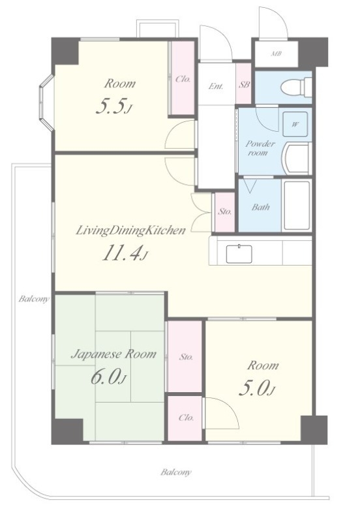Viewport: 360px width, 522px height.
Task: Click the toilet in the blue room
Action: [x=296, y=87]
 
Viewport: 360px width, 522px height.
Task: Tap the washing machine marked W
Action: [x=295, y=125]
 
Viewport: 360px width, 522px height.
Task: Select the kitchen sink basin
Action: [x=239, y=254]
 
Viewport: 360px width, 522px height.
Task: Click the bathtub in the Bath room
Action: [x=297, y=206]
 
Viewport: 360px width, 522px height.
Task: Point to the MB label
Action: [x=276, y=54]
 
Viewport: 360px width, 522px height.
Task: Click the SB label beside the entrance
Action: [x=244, y=85]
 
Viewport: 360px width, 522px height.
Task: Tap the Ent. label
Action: [x=216, y=86]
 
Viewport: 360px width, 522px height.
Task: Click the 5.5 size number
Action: [x=113, y=106]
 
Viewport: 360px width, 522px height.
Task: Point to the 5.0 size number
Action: [x=257, y=388]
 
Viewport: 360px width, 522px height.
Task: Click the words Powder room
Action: [x=260, y=148]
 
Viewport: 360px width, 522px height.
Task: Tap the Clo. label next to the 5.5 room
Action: [x=183, y=79]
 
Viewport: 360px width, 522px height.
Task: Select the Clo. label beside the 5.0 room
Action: [x=186, y=418]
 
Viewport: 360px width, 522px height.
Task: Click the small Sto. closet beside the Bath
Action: [x=224, y=212]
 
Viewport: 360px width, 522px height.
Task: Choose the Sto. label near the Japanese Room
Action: [x=186, y=357]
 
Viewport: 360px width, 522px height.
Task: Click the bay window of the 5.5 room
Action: [x=46, y=102]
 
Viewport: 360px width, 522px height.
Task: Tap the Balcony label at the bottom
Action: [x=176, y=472]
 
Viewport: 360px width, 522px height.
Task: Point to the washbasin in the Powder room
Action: [x=297, y=159]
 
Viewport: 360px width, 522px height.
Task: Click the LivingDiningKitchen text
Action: [x=130, y=230]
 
